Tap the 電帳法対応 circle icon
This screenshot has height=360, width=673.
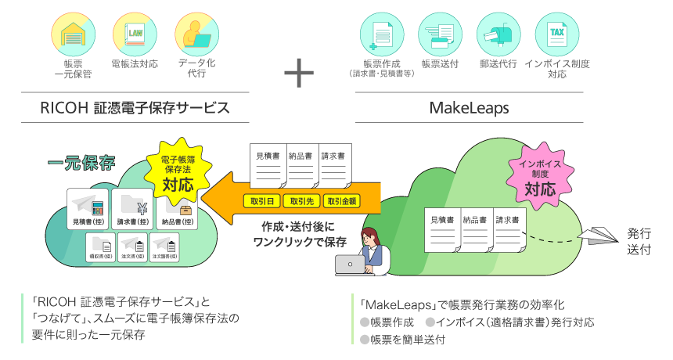tap(134, 33)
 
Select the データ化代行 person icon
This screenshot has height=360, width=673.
tap(196, 33)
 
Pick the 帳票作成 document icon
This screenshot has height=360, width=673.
tap(382, 33)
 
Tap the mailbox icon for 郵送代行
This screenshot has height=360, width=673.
tap(498, 33)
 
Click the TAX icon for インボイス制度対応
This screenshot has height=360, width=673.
tap(557, 33)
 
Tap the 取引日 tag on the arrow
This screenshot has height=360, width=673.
tap(261, 201)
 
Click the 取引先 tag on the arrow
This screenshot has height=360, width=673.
tap(301, 201)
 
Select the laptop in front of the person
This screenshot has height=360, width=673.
tap(354, 265)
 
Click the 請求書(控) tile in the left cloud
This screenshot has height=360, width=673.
tap(132, 209)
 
